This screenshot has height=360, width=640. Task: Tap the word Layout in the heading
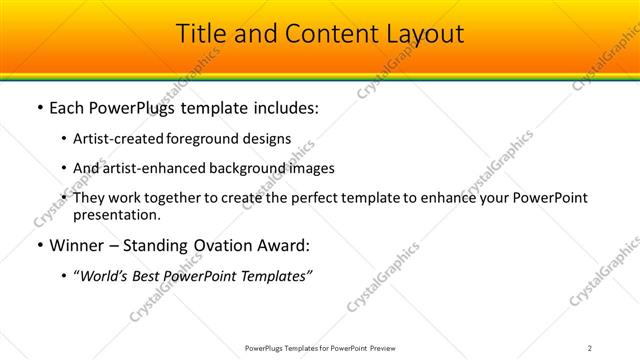click(x=418, y=34)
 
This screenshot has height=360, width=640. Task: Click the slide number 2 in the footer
click(x=590, y=347)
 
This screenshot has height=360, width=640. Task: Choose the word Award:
click(x=285, y=245)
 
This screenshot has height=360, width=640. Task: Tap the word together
click(x=179, y=198)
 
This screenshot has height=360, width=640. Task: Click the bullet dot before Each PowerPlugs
click(x=38, y=108)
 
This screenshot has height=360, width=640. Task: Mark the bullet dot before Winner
click(x=38, y=245)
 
